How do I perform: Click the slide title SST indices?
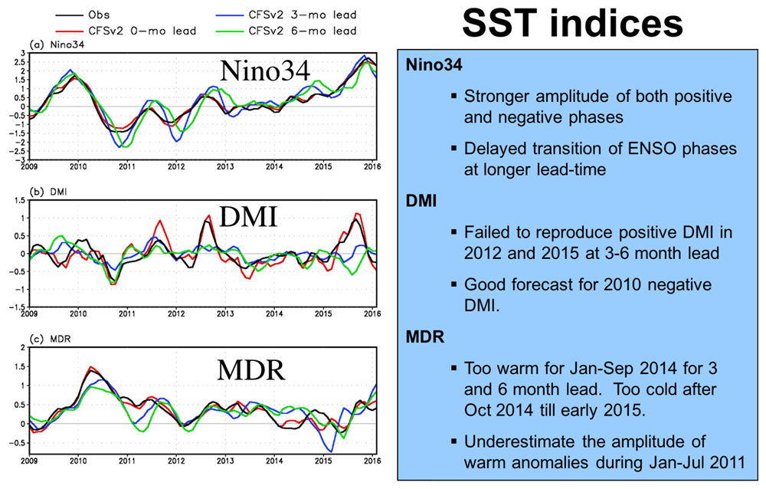(x=572, y=24)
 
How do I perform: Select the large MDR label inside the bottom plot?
(x=249, y=370)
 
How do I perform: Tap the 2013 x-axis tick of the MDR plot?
(x=225, y=462)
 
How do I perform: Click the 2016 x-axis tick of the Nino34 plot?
(x=372, y=166)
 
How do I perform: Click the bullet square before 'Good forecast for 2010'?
(x=455, y=285)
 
